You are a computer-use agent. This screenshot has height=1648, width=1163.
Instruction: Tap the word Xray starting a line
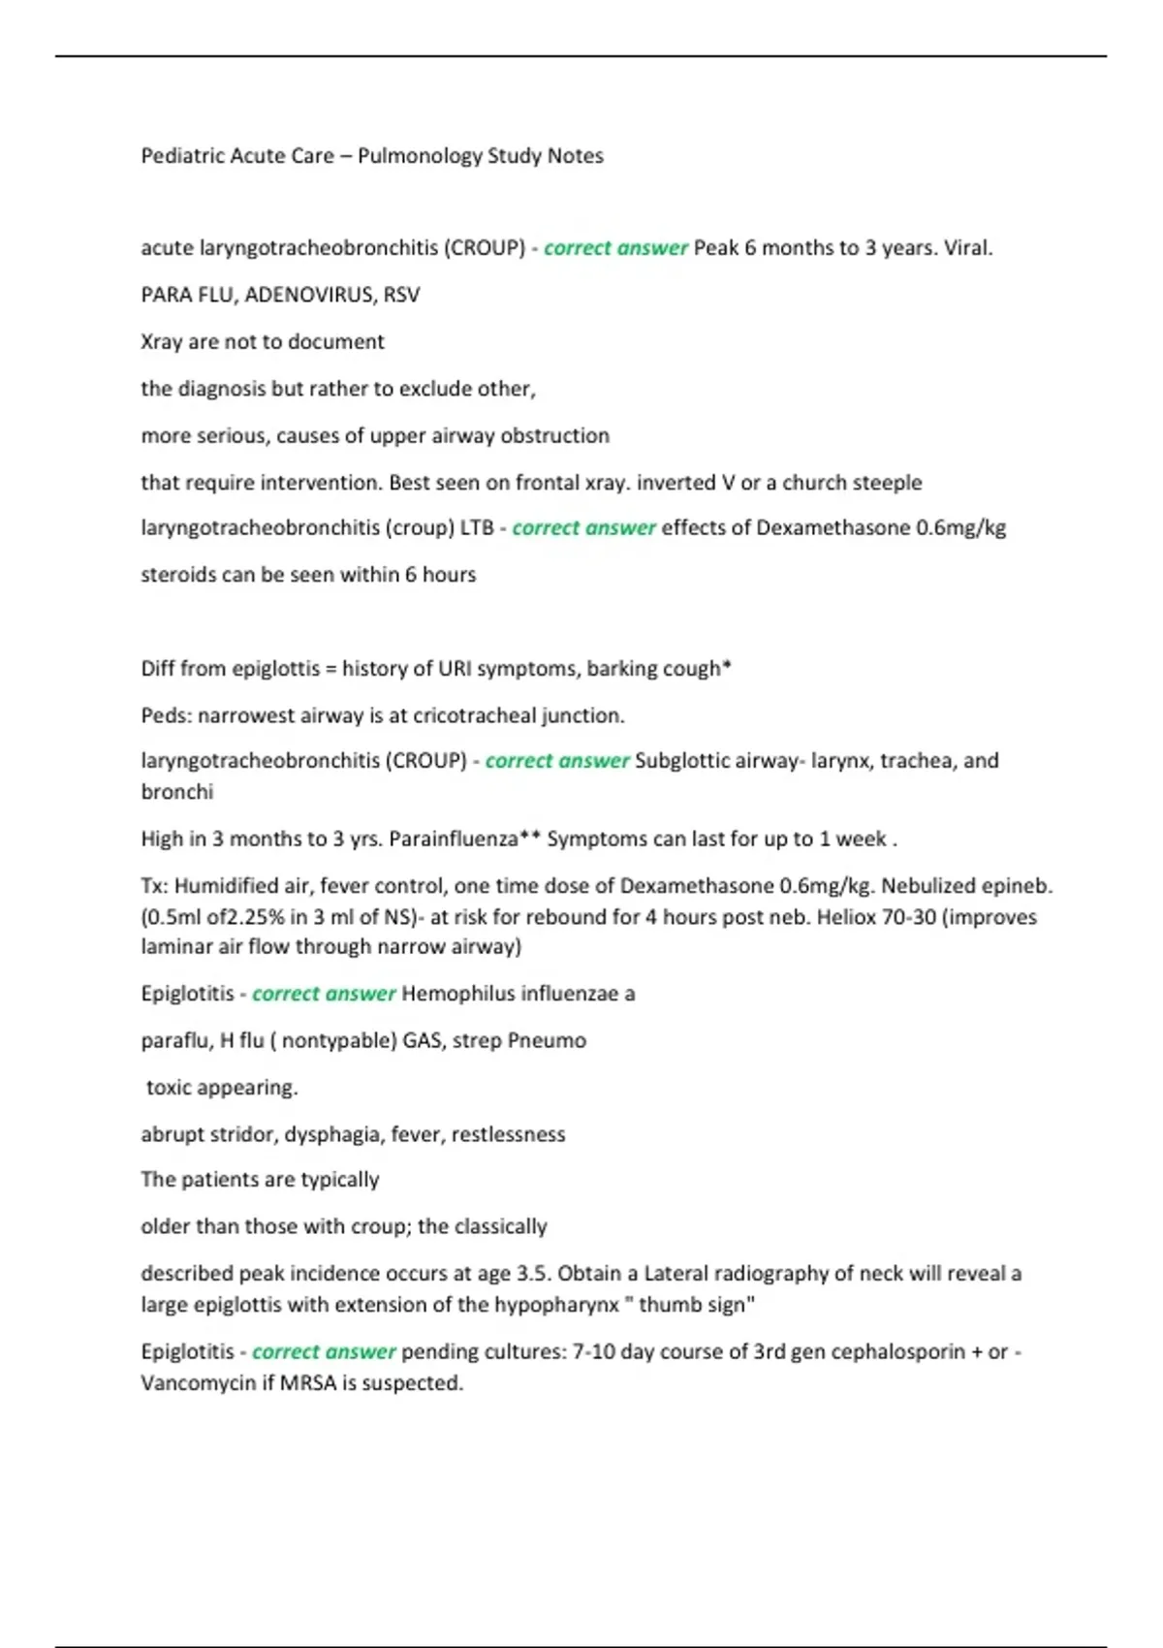click(x=161, y=342)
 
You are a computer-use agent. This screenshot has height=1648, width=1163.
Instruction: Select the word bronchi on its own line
click(x=177, y=792)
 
